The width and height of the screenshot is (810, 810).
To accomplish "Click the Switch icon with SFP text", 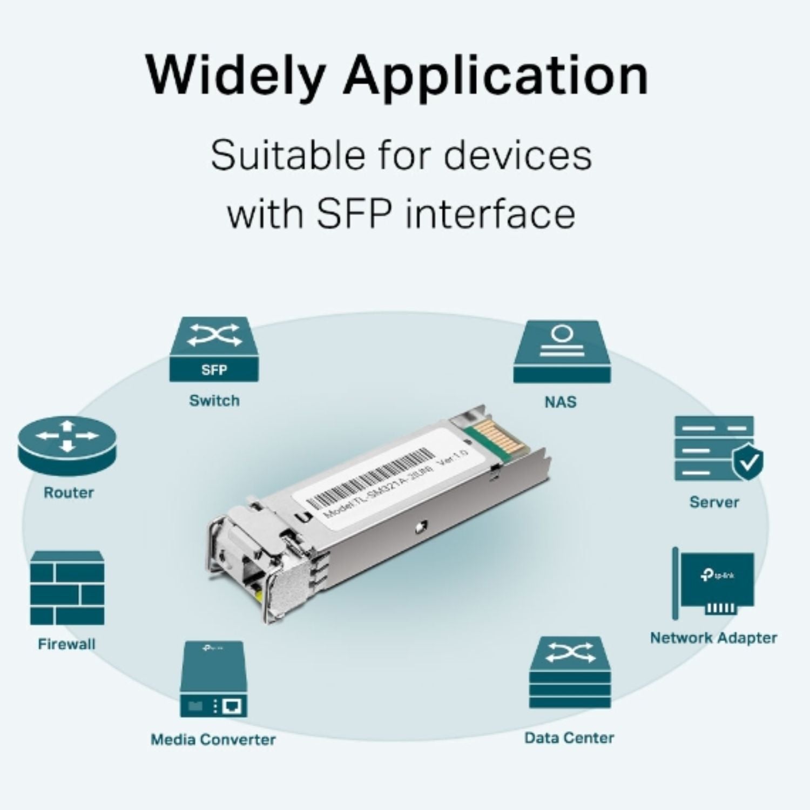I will (x=214, y=349).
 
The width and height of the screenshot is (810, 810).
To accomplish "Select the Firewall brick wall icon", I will (x=67, y=588).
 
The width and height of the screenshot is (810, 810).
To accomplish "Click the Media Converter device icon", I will (x=214, y=679).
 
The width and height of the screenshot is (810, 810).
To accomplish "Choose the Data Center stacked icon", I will (x=570, y=672).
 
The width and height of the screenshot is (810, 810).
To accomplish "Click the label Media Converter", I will (x=213, y=739).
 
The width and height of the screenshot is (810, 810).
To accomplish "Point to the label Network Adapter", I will (x=713, y=638).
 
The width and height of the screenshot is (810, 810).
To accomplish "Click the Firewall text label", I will (x=66, y=644).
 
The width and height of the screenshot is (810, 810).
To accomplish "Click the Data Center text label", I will (x=569, y=738).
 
